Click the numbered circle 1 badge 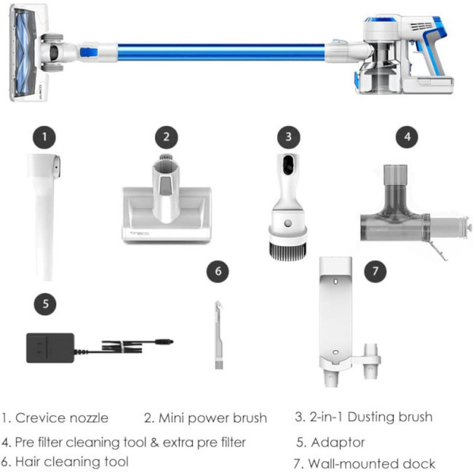pos(44,138)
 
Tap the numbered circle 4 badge pos(407,137)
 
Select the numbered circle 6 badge pos(218,271)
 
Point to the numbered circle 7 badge pos(375,271)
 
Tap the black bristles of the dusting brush pos(287,250)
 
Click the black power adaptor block pos(50,348)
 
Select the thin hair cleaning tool pos(219,335)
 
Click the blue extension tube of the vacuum pos(221,52)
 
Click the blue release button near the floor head pos(89,52)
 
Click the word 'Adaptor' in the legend pos(338,442)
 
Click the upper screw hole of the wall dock pos(335,282)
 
